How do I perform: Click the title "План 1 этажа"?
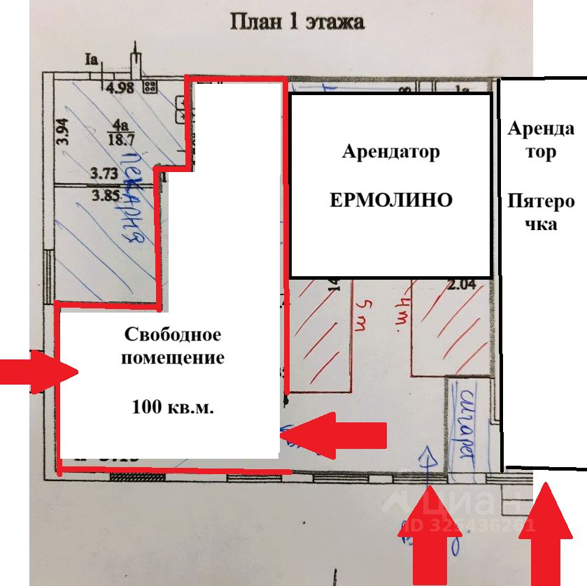click(297, 22)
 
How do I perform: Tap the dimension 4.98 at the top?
click(119, 87)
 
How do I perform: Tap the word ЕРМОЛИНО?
click(391, 201)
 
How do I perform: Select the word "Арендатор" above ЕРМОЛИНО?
click(390, 152)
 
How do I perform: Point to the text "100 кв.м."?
click(173, 406)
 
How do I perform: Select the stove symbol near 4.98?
click(149, 87)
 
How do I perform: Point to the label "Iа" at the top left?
click(90, 59)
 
